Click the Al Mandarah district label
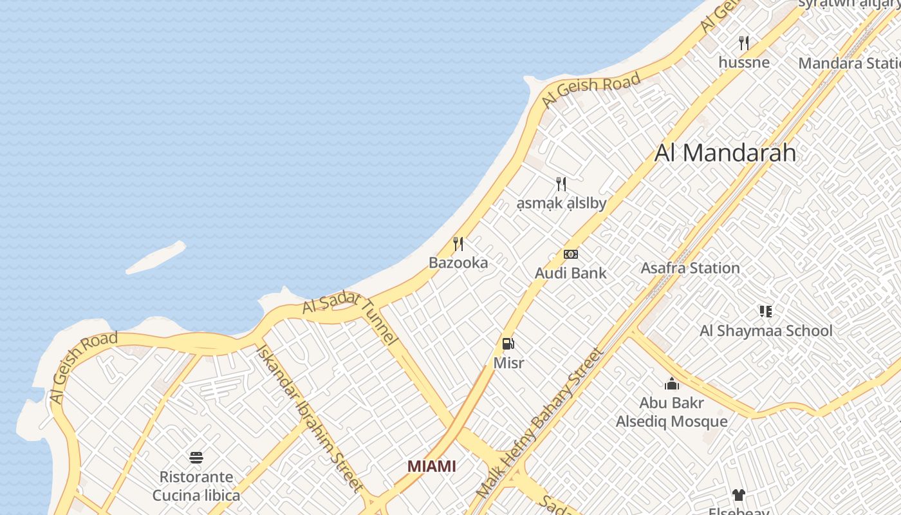point(725,153)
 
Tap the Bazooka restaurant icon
point(458,244)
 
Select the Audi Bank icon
point(571,254)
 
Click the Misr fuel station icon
point(508,344)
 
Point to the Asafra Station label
point(690,268)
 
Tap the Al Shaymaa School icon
point(765,312)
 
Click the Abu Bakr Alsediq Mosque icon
point(672,384)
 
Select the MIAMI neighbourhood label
point(432,466)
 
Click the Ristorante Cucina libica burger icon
point(196,458)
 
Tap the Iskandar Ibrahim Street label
point(310,417)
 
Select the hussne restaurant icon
point(744,43)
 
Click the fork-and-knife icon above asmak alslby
point(561,184)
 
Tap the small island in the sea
point(156,257)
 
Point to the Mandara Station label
point(849,63)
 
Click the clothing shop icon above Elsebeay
point(738,494)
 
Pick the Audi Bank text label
point(571,273)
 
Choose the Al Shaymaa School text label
point(766,331)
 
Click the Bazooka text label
point(458,263)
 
